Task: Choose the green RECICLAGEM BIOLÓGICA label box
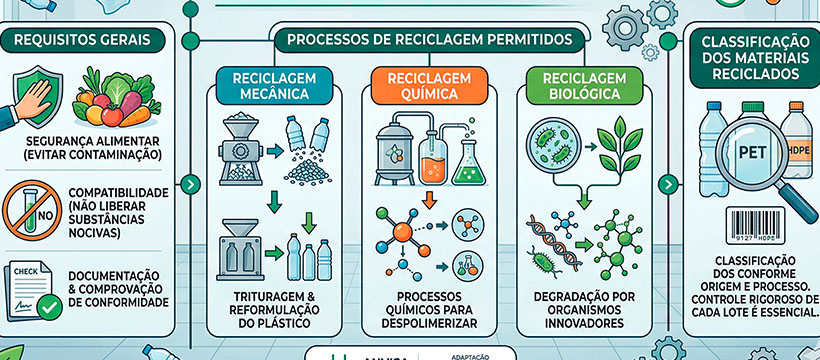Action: click(572, 86)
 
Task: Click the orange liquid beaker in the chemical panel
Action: click(431, 160)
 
